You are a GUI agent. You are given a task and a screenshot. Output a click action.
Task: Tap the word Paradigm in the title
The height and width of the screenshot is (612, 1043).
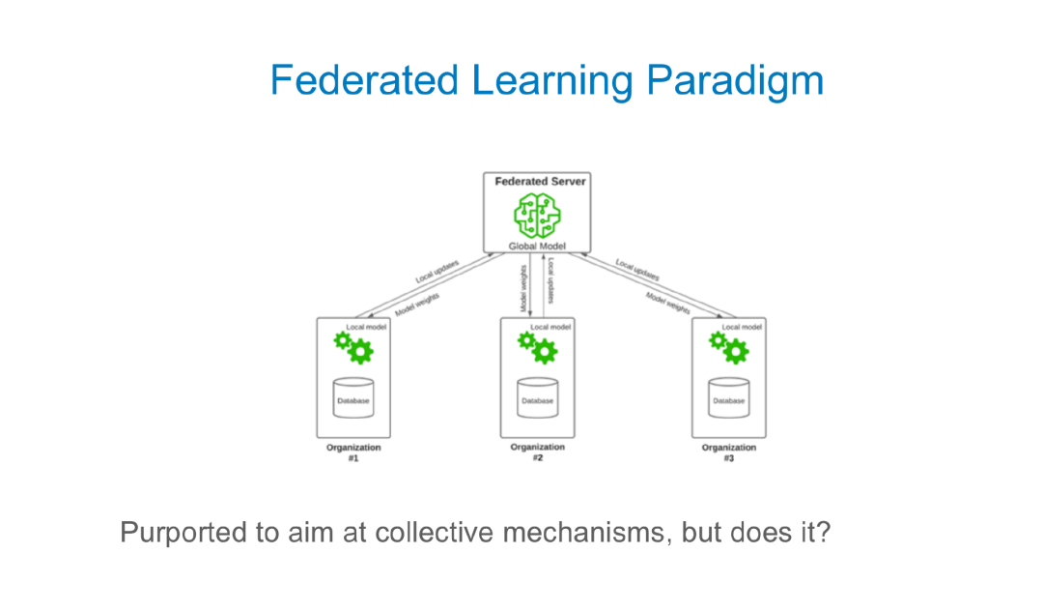(x=735, y=82)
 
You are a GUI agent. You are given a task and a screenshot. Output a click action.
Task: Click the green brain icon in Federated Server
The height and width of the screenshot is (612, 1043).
(x=536, y=216)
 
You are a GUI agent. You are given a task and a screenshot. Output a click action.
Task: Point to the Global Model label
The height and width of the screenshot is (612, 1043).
(x=536, y=247)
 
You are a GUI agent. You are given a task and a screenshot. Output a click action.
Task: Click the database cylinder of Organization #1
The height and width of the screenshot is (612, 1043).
(x=352, y=398)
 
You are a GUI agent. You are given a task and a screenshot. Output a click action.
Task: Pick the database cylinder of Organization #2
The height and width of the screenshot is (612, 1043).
(x=537, y=398)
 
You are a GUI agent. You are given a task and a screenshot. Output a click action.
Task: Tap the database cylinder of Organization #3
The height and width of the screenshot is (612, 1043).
(x=728, y=398)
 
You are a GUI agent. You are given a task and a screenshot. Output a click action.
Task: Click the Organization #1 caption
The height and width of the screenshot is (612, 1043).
(x=353, y=452)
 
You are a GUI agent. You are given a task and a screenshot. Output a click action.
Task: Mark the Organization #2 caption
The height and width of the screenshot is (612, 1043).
(x=538, y=452)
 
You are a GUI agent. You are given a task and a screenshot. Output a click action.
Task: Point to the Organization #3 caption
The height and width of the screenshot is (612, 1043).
(x=729, y=452)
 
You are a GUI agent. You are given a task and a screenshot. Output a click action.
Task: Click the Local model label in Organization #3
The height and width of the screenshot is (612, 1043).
(x=742, y=327)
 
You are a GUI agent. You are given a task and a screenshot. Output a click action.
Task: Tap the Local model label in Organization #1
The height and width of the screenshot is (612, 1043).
(x=366, y=327)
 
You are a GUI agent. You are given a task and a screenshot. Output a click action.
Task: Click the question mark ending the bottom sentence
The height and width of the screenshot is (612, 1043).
(x=822, y=532)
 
